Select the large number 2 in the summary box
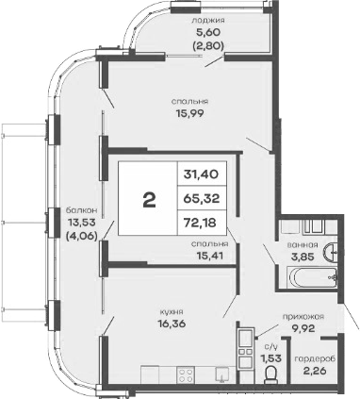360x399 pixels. [148, 201]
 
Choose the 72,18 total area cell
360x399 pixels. [205, 224]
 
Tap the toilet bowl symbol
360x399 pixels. [271, 377]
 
